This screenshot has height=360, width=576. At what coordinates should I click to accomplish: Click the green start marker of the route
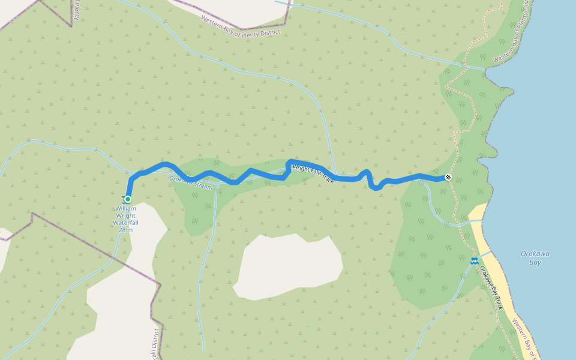coord(127,199)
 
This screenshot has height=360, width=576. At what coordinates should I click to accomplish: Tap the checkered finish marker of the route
coord(448,177)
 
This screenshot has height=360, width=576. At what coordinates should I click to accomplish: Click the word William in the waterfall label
coord(125,209)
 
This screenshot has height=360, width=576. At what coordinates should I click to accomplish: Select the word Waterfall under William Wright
coord(125,223)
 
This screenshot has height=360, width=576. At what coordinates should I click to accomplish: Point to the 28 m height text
coord(125,230)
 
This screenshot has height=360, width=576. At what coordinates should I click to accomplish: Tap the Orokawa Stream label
coord(191,182)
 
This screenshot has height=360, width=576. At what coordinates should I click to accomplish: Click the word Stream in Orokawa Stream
coord(202,185)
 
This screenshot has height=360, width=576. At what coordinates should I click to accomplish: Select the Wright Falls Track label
coord(313,174)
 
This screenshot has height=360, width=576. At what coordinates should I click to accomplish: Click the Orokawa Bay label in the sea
coord(535,257)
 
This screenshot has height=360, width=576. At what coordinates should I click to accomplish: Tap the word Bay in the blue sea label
coord(535,262)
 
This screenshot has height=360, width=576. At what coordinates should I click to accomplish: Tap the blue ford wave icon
coord(474,260)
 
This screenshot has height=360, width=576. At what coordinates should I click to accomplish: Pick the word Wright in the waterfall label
coord(125,215)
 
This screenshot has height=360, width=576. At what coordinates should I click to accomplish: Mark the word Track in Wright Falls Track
coord(326,178)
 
